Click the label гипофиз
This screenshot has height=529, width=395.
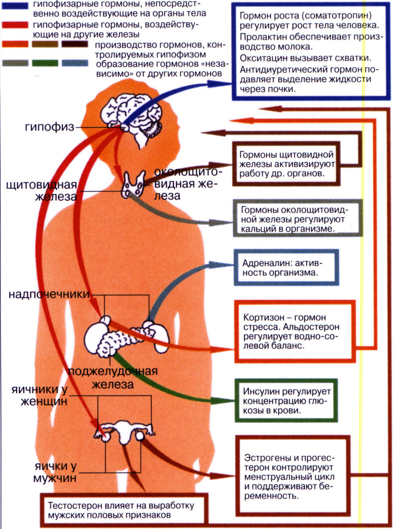[x=50, y=127]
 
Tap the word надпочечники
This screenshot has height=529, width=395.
[x=49, y=294]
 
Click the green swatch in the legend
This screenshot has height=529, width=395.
[x=45, y=63]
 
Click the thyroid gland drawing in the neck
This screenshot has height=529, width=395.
[x=134, y=185]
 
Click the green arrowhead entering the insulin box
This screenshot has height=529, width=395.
[x=227, y=401]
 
